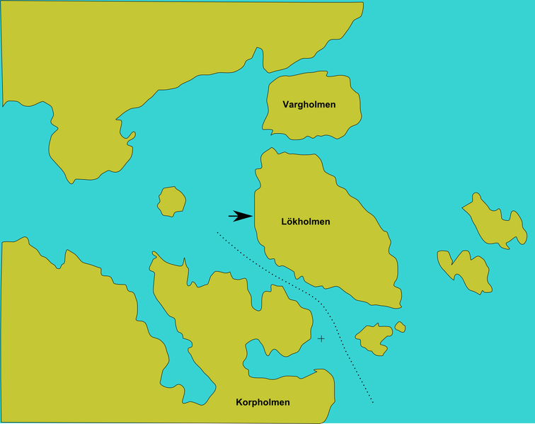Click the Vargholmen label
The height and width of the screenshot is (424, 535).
[x=309, y=105]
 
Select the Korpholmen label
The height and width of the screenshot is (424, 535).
[x=263, y=402]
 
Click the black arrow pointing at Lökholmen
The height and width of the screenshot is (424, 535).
[x=241, y=216]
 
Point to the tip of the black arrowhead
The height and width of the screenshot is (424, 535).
[x=253, y=216]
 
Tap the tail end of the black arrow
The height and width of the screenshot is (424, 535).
[x=229, y=216]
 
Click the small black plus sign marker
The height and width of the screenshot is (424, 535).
[x=321, y=339]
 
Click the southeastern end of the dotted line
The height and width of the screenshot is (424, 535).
[x=372, y=402]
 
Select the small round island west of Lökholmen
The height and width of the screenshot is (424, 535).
[x=171, y=201]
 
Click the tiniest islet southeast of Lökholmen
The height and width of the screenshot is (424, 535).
[x=400, y=327]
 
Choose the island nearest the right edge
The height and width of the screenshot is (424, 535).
[x=495, y=221]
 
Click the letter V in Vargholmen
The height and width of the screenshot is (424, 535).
[x=285, y=105]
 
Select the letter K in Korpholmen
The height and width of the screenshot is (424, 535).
[x=239, y=402]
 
